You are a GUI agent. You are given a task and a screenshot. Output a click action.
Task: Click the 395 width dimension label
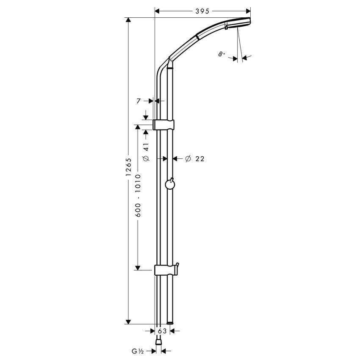203,11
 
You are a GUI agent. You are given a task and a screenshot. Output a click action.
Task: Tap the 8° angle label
222,54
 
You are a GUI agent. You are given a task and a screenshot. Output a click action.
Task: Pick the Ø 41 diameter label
146,152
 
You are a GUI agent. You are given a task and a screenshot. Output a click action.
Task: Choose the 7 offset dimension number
138,101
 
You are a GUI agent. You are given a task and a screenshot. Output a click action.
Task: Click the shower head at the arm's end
239,24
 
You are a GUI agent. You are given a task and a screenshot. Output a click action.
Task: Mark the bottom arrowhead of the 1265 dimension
128,321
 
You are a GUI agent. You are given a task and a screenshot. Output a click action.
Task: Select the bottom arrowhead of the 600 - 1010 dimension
138,267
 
